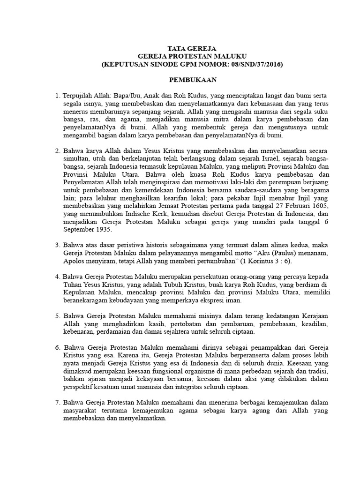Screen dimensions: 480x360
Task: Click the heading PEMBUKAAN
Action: (192, 81)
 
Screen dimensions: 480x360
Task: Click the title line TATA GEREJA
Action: (192, 47)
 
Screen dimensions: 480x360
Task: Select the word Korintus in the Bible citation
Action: (260, 260)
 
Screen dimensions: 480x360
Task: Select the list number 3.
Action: (58, 245)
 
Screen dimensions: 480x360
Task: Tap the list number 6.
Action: (58, 348)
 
